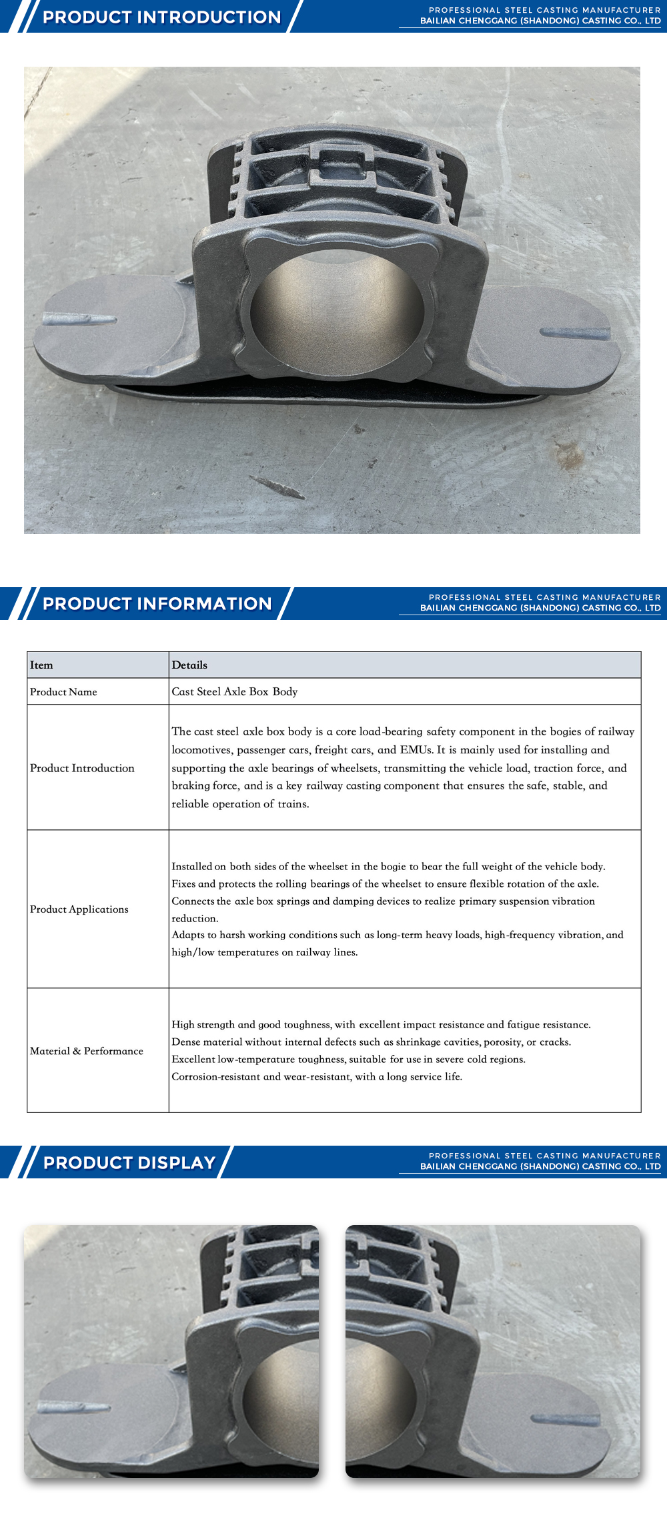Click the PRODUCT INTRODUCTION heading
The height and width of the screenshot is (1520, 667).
tap(161, 17)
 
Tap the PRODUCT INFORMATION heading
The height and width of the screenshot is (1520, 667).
tap(157, 603)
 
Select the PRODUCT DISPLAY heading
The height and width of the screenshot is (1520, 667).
tap(129, 1162)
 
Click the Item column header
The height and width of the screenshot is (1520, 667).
tap(41, 665)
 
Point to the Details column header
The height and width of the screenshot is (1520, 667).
tap(189, 665)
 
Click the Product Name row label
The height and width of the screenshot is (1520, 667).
tap(63, 692)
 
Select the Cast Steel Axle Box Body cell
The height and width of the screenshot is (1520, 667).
tap(235, 692)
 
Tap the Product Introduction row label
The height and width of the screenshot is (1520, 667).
tap(82, 768)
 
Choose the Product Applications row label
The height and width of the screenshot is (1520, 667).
tap(79, 909)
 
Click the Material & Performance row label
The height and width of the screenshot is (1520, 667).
tap(87, 1051)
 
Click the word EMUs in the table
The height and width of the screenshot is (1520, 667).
tap(416, 750)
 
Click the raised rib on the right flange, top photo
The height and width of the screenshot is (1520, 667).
tap(574, 332)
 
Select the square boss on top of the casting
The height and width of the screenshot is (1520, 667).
tap(341, 165)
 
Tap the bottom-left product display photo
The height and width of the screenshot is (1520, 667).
tap(171, 1351)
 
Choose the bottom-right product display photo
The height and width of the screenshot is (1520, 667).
tap(493, 1351)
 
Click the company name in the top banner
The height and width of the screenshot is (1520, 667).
tap(540, 21)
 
